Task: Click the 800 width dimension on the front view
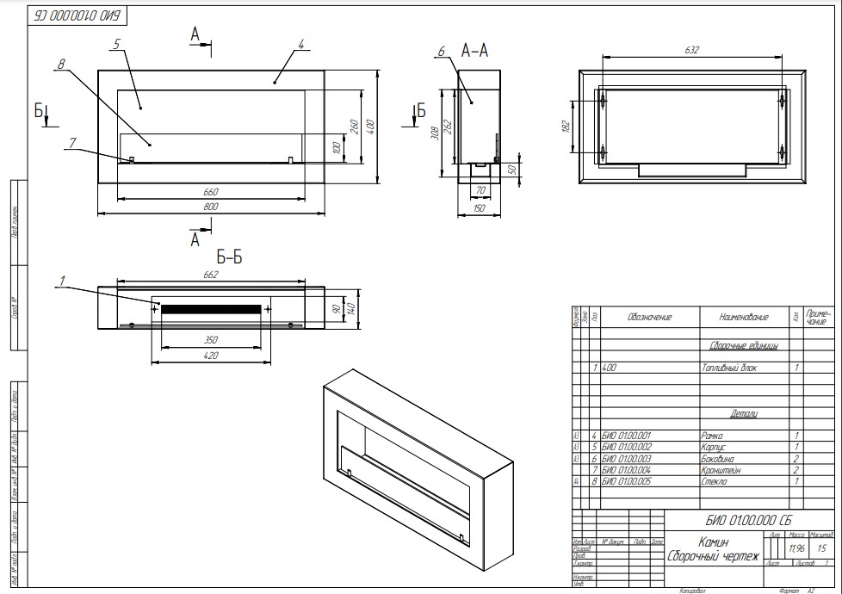click(211, 207)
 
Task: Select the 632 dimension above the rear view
click(692, 50)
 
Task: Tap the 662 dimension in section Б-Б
click(211, 275)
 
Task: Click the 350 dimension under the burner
click(211, 340)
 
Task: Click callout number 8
click(62, 64)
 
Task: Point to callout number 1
click(63, 279)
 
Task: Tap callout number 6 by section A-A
click(441, 52)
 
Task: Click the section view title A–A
click(475, 52)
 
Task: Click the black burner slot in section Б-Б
click(211, 308)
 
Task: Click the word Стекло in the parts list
click(716, 482)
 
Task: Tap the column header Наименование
click(743, 318)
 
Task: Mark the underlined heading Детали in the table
click(743, 414)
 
